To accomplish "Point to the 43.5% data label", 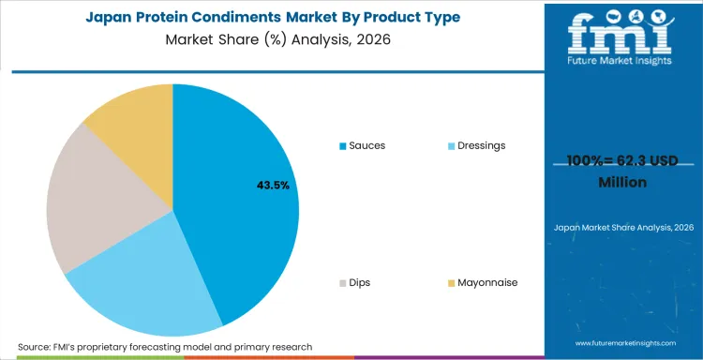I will click(x=273, y=186).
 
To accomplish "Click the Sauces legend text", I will click(x=366, y=145).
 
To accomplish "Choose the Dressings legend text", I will click(x=481, y=145).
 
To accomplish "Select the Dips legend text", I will click(x=361, y=282).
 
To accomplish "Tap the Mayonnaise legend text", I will click(x=487, y=282).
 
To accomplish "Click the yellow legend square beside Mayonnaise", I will click(x=450, y=283).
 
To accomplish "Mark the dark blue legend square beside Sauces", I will click(x=342, y=146).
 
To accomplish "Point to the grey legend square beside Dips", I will click(x=342, y=283).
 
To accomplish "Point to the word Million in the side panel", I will click(x=622, y=182).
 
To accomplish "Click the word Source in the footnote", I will click(x=37, y=347).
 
